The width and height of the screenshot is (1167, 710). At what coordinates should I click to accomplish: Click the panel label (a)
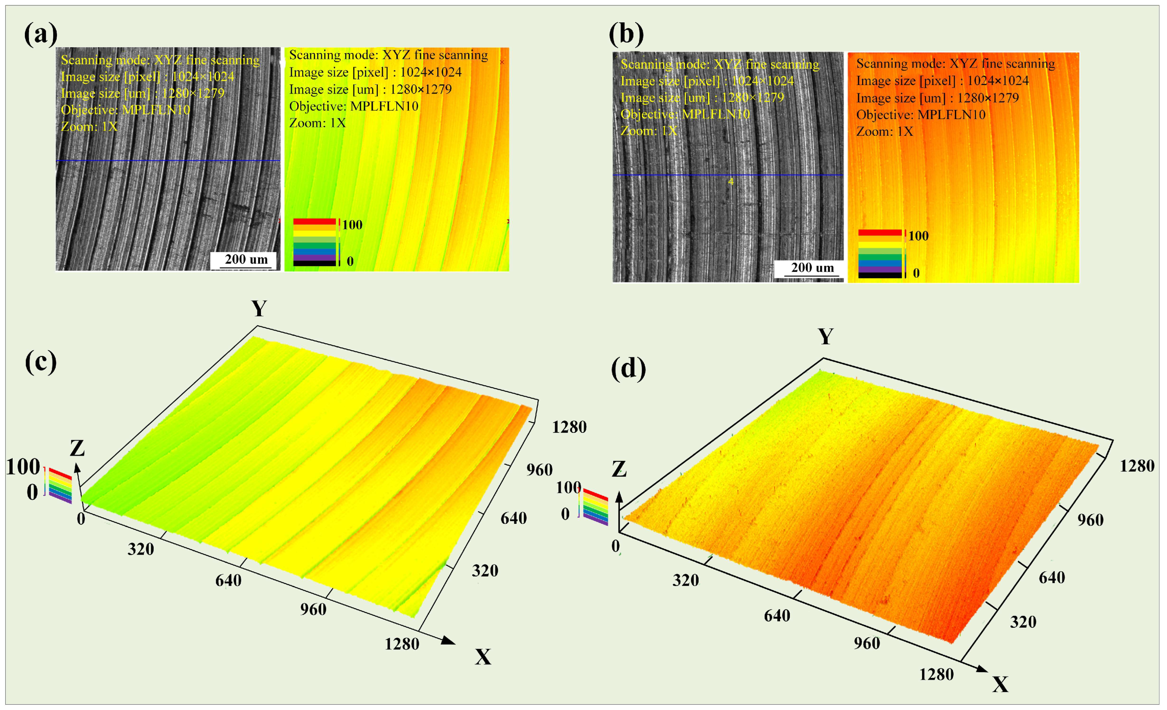(x=41, y=34)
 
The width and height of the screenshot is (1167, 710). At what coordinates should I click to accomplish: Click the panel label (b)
(x=626, y=34)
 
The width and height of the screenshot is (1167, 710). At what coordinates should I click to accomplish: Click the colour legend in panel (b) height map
(x=880, y=253)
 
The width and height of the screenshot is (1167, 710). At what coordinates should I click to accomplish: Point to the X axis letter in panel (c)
(x=483, y=657)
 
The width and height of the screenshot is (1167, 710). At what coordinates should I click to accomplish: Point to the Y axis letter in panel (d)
(x=826, y=337)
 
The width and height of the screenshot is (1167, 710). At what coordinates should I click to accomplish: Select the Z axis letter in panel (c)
(x=77, y=448)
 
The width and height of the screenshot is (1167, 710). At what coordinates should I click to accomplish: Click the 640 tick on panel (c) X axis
(x=228, y=580)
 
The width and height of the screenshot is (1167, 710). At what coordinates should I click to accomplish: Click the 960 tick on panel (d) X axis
(x=867, y=643)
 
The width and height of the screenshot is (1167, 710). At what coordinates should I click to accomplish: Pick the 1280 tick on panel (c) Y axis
(x=569, y=427)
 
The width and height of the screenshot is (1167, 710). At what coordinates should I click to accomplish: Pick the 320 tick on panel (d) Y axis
(x=1023, y=621)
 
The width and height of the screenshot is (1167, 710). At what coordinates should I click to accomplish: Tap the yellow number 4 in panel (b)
(x=730, y=181)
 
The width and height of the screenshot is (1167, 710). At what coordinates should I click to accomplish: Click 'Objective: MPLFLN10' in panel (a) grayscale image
(x=126, y=110)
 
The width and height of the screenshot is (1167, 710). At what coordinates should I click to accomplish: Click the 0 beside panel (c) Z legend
(x=32, y=493)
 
